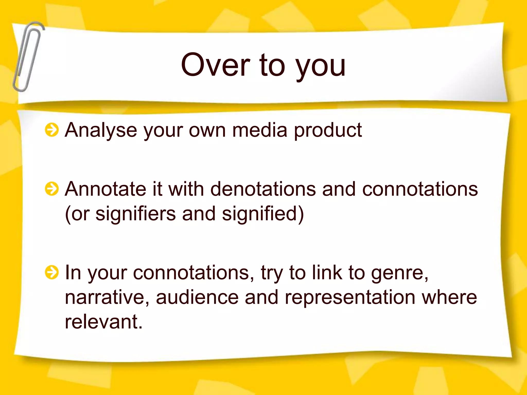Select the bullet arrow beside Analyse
[52, 130]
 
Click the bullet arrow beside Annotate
[52, 189]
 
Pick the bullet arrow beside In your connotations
[52, 272]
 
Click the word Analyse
[101, 130]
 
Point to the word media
[260, 130]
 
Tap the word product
[328, 130]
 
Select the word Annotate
[106, 189]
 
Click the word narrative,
[107, 297]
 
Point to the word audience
[197, 297]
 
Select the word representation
[350, 298]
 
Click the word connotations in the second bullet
[420, 189]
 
